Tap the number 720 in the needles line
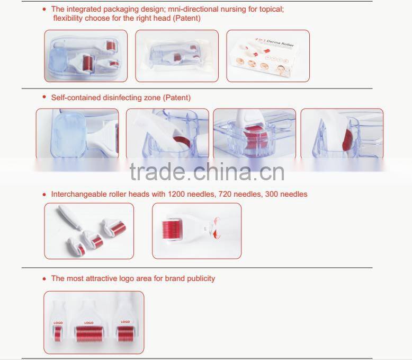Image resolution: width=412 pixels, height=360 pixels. coord(225,194)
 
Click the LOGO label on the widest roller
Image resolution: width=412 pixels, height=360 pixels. coord(88,323)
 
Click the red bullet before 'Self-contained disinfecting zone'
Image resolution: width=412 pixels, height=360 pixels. coord(44,98)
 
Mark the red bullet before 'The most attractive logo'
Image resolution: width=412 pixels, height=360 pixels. coord(44,278)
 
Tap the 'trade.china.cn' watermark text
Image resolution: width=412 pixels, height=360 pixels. coord(207,171)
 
